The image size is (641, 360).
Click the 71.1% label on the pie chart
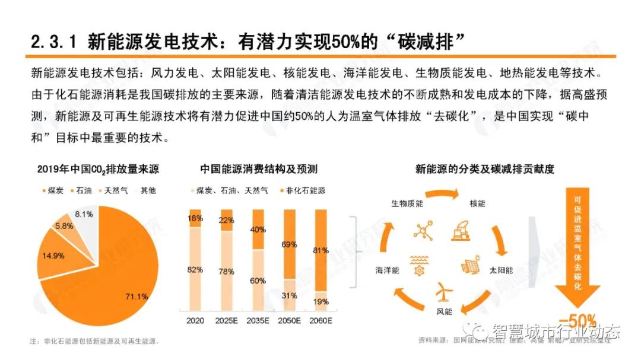[x=135, y=297]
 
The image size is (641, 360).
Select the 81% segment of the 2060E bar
[x=320, y=249]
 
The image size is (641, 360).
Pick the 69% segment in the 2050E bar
[x=289, y=244]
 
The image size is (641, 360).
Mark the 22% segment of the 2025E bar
[x=226, y=220]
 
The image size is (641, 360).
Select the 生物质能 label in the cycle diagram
[x=407, y=203]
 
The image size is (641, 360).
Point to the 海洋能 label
[x=388, y=270]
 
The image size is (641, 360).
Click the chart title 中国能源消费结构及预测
[x=258, y=170]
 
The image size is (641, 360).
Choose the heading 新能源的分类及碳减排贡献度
[x=485, y=170]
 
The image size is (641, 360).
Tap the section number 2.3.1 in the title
[x=54, y=42]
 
